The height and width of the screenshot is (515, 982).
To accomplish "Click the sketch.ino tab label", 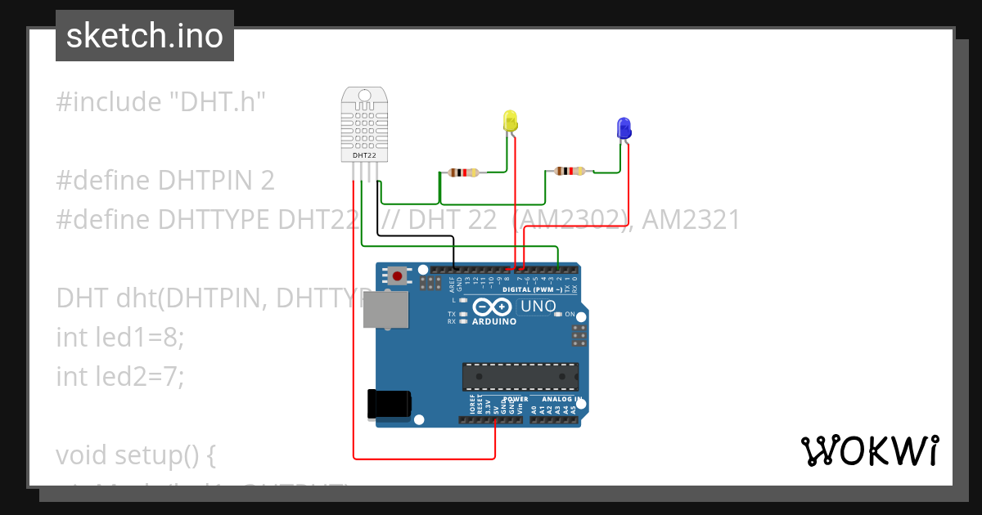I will point(145,36).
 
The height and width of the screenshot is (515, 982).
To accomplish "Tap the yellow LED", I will point(510,121).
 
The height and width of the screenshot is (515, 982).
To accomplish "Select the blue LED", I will point(624,128).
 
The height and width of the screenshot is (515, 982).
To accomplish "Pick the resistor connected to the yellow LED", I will point(463,172).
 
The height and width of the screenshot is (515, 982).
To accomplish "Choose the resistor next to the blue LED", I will point(570,171).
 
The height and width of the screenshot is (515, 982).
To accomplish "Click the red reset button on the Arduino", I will point(398,275).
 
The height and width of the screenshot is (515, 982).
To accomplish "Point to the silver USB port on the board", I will point(385,311).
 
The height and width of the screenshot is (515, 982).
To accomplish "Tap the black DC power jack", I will point(389,403).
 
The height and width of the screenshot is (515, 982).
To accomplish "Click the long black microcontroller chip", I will point(520,376).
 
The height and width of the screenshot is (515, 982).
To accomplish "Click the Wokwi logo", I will point(869,450).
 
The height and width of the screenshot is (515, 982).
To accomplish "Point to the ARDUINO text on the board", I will point(494,321).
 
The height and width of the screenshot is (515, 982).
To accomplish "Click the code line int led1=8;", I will point(120,337).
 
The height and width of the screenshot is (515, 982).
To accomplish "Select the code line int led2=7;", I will point(120,376).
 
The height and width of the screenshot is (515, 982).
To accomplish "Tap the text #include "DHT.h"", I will point(161,102).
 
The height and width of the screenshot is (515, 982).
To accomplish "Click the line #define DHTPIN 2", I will point(165,181).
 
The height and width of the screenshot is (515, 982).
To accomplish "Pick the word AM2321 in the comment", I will point(691,220).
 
